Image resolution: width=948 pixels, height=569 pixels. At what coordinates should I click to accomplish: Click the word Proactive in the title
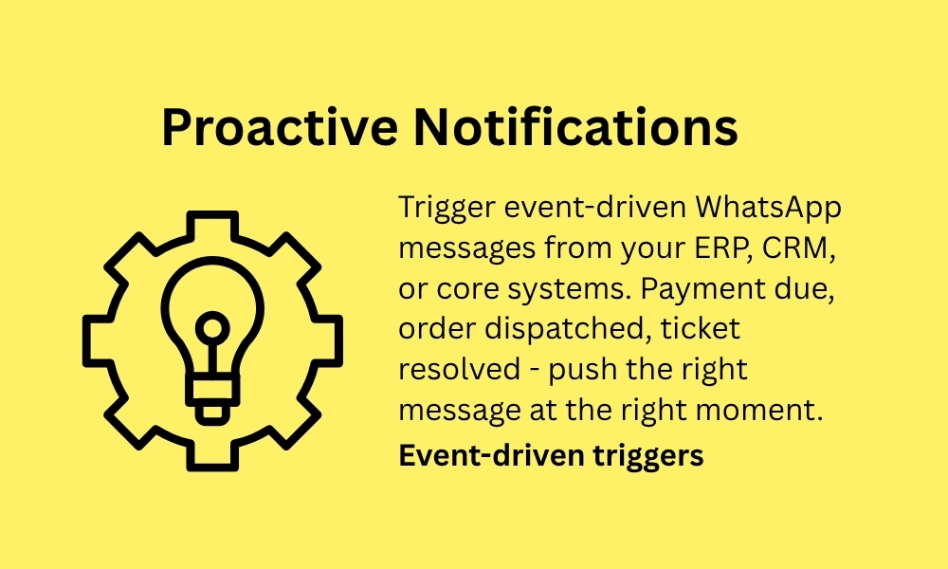(x=280, y=126)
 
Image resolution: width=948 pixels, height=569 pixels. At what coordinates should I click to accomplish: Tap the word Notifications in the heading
(x=575, y=126)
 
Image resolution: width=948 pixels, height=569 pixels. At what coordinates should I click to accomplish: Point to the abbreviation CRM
(x=797, y=248)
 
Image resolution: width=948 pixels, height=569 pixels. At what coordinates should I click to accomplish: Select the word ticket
(x=701, y=329)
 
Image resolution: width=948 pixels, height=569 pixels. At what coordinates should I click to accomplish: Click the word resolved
(x=460, y=369)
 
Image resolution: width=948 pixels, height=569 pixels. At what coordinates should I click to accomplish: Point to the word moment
(x=759, y=411)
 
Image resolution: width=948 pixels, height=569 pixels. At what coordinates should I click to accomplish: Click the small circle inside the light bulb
(x=212, y=329)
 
